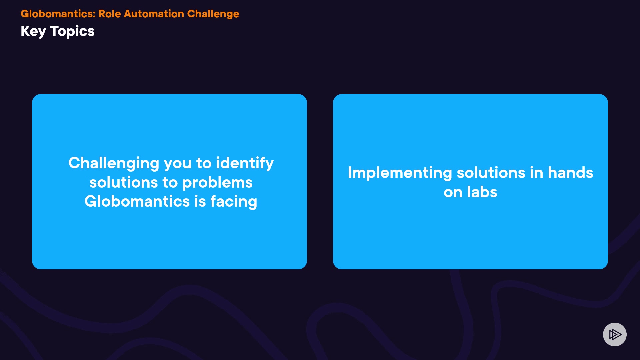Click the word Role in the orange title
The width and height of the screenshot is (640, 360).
click(x=110, y=14)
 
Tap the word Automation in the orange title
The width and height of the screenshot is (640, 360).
click(x=154, y=14)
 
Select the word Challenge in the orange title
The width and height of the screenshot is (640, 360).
click(x=213, y=14)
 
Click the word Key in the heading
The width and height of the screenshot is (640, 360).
click(x=33, y=32)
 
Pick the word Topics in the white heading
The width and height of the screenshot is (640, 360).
click(x=72, y=32)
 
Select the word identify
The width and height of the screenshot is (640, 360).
click(x=245, y=164)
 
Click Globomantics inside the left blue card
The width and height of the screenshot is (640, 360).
click(x=137, y=201)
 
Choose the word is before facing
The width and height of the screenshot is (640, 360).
click(x=200, y=201)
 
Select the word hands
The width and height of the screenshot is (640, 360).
click(x=570, y=173)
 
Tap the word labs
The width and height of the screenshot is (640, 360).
click(x=482, y=192)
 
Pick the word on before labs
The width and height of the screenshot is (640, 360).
click(x=453, y=193)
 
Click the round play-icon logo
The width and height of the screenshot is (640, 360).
click(x=615, y=334)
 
